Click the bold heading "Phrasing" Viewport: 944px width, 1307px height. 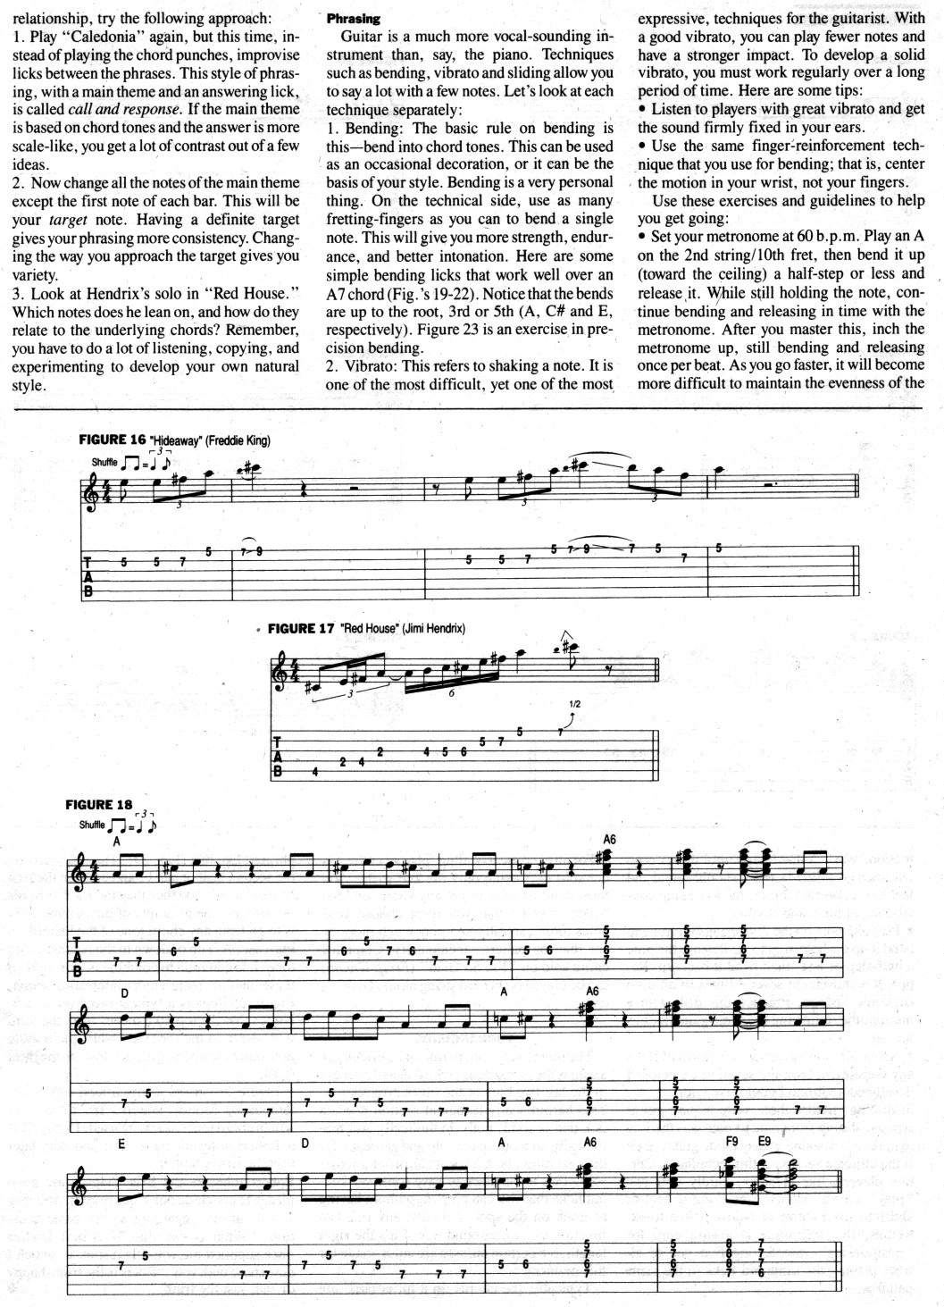[354, 18]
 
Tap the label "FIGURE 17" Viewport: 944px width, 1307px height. [301, 628]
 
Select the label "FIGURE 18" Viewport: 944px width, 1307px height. [99, 805]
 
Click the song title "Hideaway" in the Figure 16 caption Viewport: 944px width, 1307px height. [178, 440]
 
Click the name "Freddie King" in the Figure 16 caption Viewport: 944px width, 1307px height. [238, 440]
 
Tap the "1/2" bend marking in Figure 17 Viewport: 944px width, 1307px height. [574, 704]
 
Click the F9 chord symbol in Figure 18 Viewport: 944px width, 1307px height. [731, 1142]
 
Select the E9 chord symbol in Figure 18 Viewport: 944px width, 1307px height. [764, 1142]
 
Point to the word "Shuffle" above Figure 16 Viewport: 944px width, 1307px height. [104, 463]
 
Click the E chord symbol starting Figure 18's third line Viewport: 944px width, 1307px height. [121, 1143]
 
